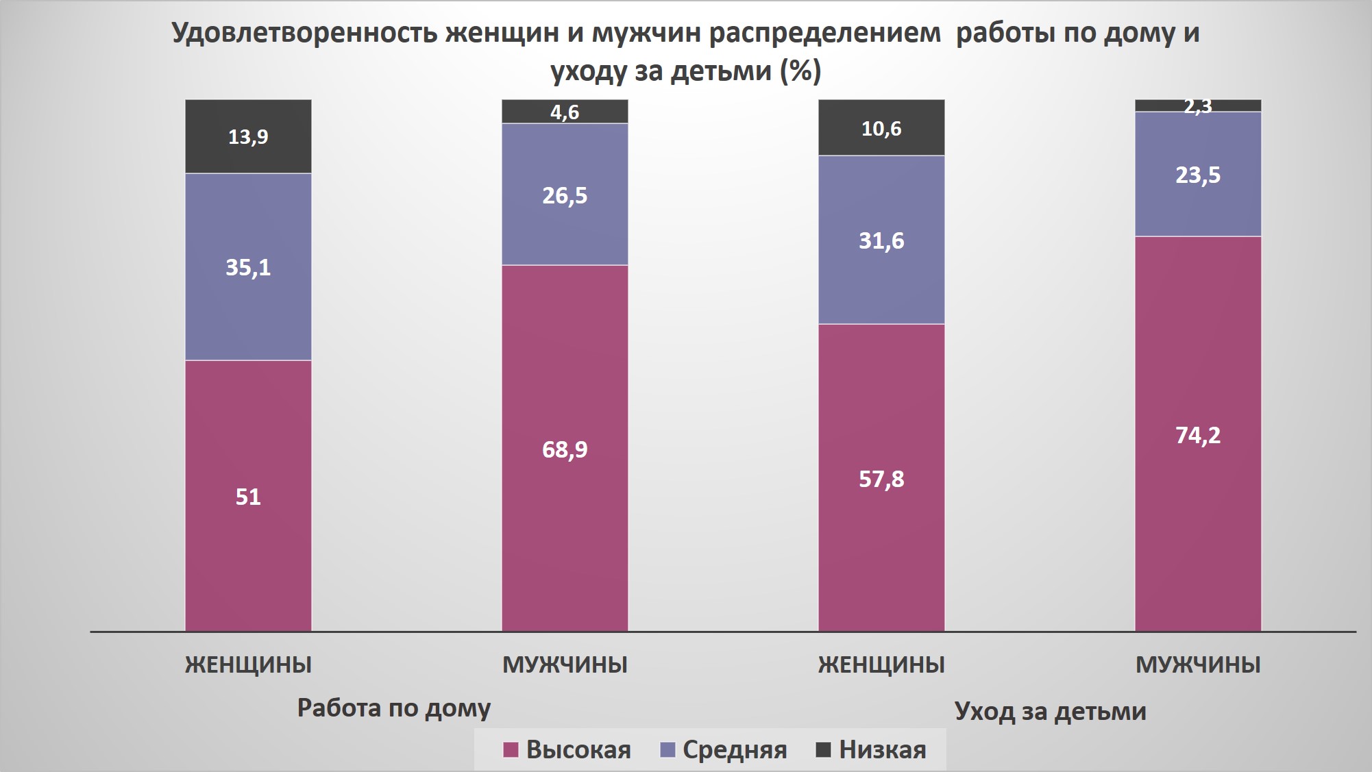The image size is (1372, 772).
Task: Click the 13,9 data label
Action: (x=248, y=137)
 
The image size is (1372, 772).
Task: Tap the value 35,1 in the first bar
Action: (x=248, y=267)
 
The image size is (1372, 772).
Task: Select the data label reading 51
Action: (x=248, y=497)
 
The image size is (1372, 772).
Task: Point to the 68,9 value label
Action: (x=565, y=449)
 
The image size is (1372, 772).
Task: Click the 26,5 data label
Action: (x=565, y=196)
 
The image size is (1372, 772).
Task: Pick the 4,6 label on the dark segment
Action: (x=565, y=112)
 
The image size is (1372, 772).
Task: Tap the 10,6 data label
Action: (x=881, y=129)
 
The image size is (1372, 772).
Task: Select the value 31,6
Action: (x=881, y=241)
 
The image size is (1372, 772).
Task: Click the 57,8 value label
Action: (x=881, y=480)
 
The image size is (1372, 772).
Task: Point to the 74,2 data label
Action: (x=1198, y=436)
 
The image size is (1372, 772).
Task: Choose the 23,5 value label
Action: (x=1198, y=175)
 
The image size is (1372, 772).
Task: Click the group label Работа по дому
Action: (x=394, y=708)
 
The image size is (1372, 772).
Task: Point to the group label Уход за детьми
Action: (x=1050, y=712)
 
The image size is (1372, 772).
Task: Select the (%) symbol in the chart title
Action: (x=800, y=71)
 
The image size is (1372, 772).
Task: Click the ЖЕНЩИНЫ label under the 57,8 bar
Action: (x=881, y=664)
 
